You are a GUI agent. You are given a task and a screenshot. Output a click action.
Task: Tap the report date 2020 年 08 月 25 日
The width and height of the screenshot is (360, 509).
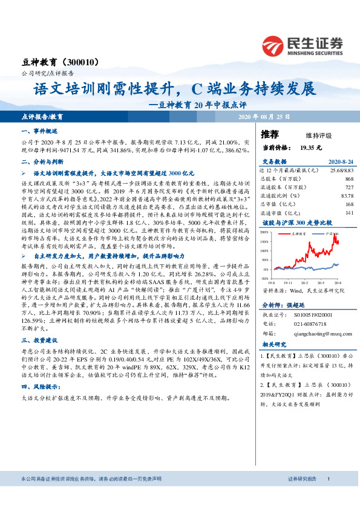point(264,116)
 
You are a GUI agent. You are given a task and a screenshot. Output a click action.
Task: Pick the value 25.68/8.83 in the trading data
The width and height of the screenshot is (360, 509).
point(341,171)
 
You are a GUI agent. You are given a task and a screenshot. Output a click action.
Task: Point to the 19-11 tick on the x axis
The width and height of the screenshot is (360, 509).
point(288,282)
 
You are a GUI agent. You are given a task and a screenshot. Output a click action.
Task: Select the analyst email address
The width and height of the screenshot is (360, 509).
point(313,332)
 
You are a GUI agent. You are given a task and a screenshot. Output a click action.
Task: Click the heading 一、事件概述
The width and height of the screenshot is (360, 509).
point(39,131)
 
